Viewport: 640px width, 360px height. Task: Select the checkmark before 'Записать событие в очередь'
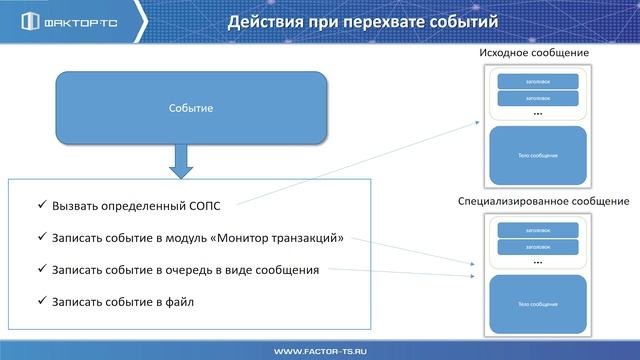click(41, 269)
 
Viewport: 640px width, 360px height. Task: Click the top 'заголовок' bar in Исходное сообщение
click(538, 81)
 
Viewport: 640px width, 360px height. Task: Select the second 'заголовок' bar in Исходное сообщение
click(538, 98)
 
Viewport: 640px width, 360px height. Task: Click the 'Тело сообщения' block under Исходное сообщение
click(538, 155)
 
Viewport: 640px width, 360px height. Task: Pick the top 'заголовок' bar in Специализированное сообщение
click(538, 230)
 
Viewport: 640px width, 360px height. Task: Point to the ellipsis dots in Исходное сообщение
click(538, 114)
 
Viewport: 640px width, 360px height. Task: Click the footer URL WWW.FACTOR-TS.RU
click(320, 351)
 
